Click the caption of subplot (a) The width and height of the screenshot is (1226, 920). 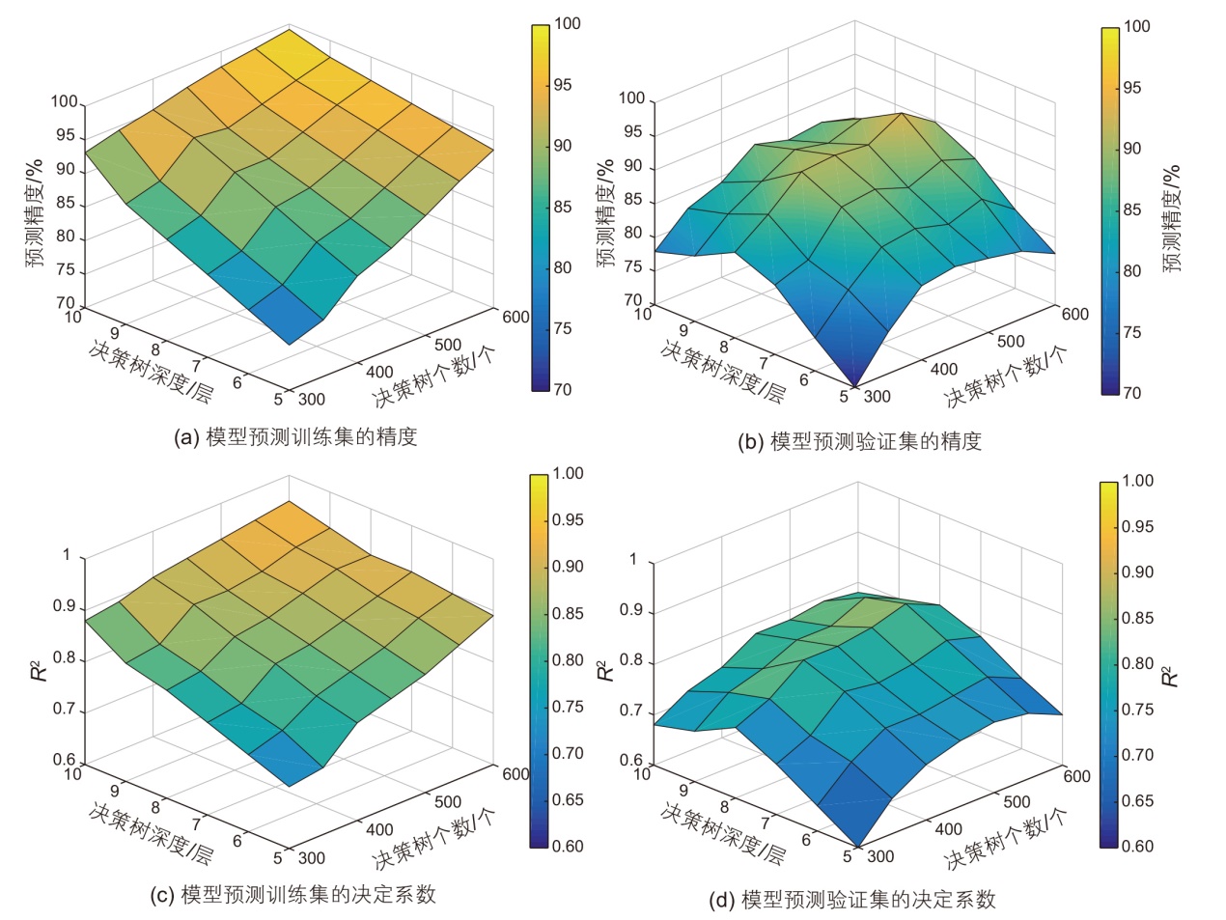(294, 437)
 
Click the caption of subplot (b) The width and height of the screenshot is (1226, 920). (859, 442)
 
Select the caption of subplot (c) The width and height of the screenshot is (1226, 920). (293, 895)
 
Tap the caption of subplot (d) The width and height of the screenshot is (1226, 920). (852, 900)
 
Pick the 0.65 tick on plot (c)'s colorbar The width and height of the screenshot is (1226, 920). (568, 799)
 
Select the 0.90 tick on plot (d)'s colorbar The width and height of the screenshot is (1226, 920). (1137, 572)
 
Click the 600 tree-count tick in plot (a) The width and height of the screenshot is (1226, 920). (515, 317)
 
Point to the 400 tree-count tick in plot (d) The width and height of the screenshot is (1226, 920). (948, 828)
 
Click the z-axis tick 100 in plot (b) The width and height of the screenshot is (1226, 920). (631, 98)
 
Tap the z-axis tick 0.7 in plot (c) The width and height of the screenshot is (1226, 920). (66, 710)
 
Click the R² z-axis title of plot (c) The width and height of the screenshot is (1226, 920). (39, 668)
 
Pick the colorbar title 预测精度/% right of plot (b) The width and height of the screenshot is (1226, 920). (1172, 218)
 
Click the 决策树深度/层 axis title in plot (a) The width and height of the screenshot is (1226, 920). (151, 371)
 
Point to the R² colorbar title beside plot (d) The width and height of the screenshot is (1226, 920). (1170, 675)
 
